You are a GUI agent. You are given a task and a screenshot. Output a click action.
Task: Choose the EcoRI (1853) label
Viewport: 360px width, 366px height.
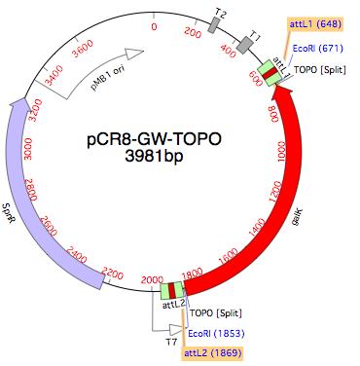pos(216,333)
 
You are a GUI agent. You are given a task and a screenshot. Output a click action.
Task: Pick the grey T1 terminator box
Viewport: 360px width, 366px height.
pos(254,46)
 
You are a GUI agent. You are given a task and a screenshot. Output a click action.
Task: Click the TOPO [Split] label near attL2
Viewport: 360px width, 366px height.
pos(215,313)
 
